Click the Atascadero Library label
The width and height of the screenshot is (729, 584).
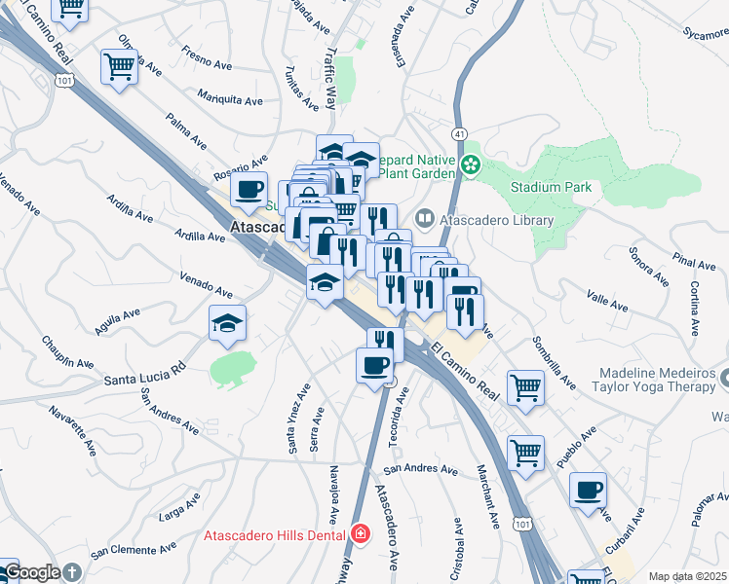point(497,220)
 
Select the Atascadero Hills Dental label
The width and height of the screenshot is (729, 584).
point(275,534)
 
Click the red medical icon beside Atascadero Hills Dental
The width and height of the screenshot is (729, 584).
point(360,534)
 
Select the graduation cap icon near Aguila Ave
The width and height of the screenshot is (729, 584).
point(227,324)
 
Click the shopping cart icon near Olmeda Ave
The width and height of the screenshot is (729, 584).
point(119,68)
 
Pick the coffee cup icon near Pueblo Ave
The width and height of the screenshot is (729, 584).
point(588,491)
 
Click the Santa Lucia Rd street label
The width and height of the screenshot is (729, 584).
point(145,371)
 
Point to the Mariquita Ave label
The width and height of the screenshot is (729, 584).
point(230,99)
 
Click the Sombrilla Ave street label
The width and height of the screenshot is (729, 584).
point(552,357)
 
